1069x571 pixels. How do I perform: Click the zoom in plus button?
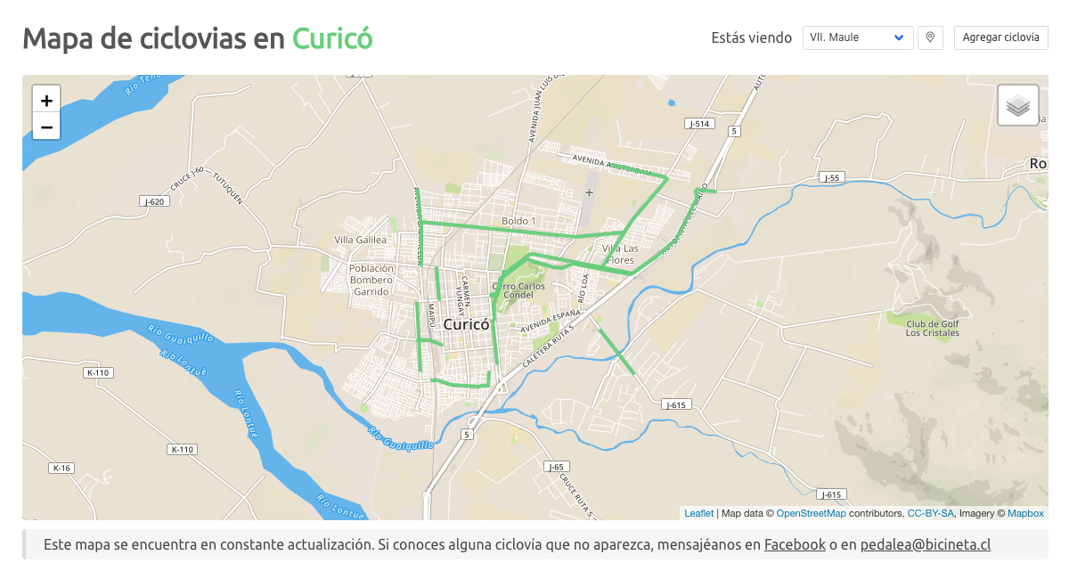click(46, 100)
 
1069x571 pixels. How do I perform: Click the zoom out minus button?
click(46, 126)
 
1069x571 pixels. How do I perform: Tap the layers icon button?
click(1018, 105)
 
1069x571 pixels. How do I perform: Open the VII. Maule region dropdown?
click(857, 37)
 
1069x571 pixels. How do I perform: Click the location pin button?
click(930, 37)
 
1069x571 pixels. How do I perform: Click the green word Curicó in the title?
click(332, 38)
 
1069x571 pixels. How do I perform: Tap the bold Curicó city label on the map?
click(467, 325)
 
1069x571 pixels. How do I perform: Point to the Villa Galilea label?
click(360, 240)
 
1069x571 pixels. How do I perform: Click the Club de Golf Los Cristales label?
click(933, 328)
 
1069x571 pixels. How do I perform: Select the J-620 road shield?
click(154, 201)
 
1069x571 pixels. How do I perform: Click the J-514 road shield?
click(699, 124)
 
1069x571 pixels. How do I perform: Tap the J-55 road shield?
click(832, 177)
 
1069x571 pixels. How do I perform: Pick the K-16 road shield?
click(61, 468)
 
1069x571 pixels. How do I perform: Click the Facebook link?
click(795, 544)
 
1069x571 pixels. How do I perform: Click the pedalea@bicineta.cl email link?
click(926, 544)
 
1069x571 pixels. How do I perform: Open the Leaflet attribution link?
click(698, 513)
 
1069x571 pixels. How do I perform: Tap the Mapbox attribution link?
click(1025, 513)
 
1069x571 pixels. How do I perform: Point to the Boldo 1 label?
click(518, 220)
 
